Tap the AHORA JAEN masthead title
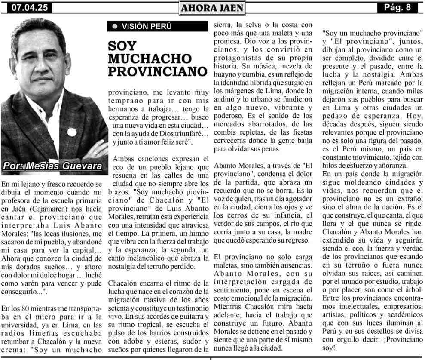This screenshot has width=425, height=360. (212, 7)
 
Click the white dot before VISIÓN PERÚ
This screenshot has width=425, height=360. (114, 26)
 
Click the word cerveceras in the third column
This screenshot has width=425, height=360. (231, 140)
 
